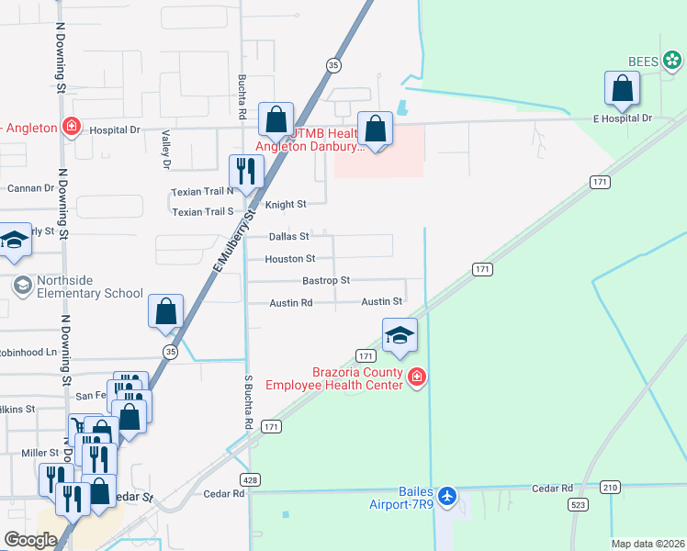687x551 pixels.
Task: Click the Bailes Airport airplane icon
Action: coord(447,497)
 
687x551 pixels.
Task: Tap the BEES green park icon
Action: coord(673,61)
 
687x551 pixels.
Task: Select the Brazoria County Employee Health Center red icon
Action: coord(417,377)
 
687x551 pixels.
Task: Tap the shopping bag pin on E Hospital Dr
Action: coord(623,89)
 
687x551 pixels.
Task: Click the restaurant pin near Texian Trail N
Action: coord(246,171)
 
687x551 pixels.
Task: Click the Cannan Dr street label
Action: coord(31,188)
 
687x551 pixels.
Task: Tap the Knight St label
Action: coord(285,204)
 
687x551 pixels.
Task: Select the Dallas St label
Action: coord(288,236)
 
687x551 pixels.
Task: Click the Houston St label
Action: coord(290,259)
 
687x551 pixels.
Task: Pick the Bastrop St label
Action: coord(326,280)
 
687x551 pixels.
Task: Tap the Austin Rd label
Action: coord(291,302)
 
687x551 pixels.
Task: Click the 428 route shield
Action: coord(249,480)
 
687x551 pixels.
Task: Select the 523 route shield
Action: coord(579,505)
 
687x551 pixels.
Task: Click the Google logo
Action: coord(30,540)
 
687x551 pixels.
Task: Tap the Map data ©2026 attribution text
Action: coord(648,544)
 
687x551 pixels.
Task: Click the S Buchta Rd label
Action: coord(248,402)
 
